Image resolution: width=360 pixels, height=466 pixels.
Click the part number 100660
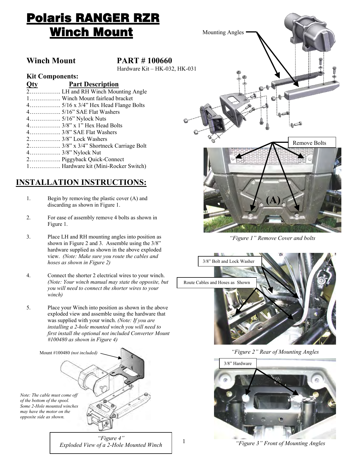coord(158,61)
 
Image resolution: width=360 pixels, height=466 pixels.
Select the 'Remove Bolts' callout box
coord(312,143)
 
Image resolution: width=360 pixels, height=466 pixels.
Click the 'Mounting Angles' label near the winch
coord(223,32)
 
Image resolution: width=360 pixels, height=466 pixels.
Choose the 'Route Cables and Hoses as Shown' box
coord(217,283)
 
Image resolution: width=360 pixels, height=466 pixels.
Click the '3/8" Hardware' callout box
coord(237,363)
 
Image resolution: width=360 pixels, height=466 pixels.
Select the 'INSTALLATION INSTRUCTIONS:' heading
coord(81,182)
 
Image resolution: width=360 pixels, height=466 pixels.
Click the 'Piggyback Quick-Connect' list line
coord(93,159)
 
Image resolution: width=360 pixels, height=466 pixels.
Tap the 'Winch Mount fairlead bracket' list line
coord(97,98)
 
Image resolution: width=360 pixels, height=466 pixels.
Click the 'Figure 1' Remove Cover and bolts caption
coord(272,238)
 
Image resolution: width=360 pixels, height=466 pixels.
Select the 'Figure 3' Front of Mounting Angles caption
coord(280,443)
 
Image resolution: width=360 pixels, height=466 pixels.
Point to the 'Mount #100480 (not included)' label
coord(68,353)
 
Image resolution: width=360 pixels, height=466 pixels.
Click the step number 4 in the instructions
coord(29,275)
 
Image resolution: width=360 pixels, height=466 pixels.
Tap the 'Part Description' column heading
coord(94,84)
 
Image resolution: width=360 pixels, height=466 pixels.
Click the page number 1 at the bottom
coord(184,441)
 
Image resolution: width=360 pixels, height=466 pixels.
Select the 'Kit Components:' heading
coord(52,76)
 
